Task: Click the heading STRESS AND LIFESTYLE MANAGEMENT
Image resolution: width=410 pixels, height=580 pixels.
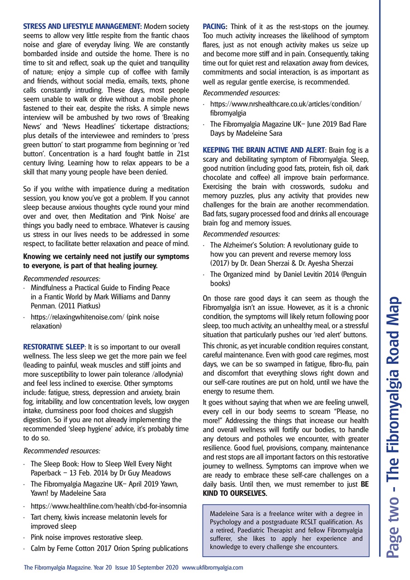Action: point(82,26)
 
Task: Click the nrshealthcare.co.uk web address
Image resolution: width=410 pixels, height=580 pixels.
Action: point(286,104)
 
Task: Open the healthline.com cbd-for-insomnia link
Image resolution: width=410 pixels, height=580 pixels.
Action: point(108,505)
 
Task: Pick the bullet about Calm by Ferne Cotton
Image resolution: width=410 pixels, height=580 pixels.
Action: point(109,548)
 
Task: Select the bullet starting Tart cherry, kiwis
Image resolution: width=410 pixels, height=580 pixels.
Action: point(98,517)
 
